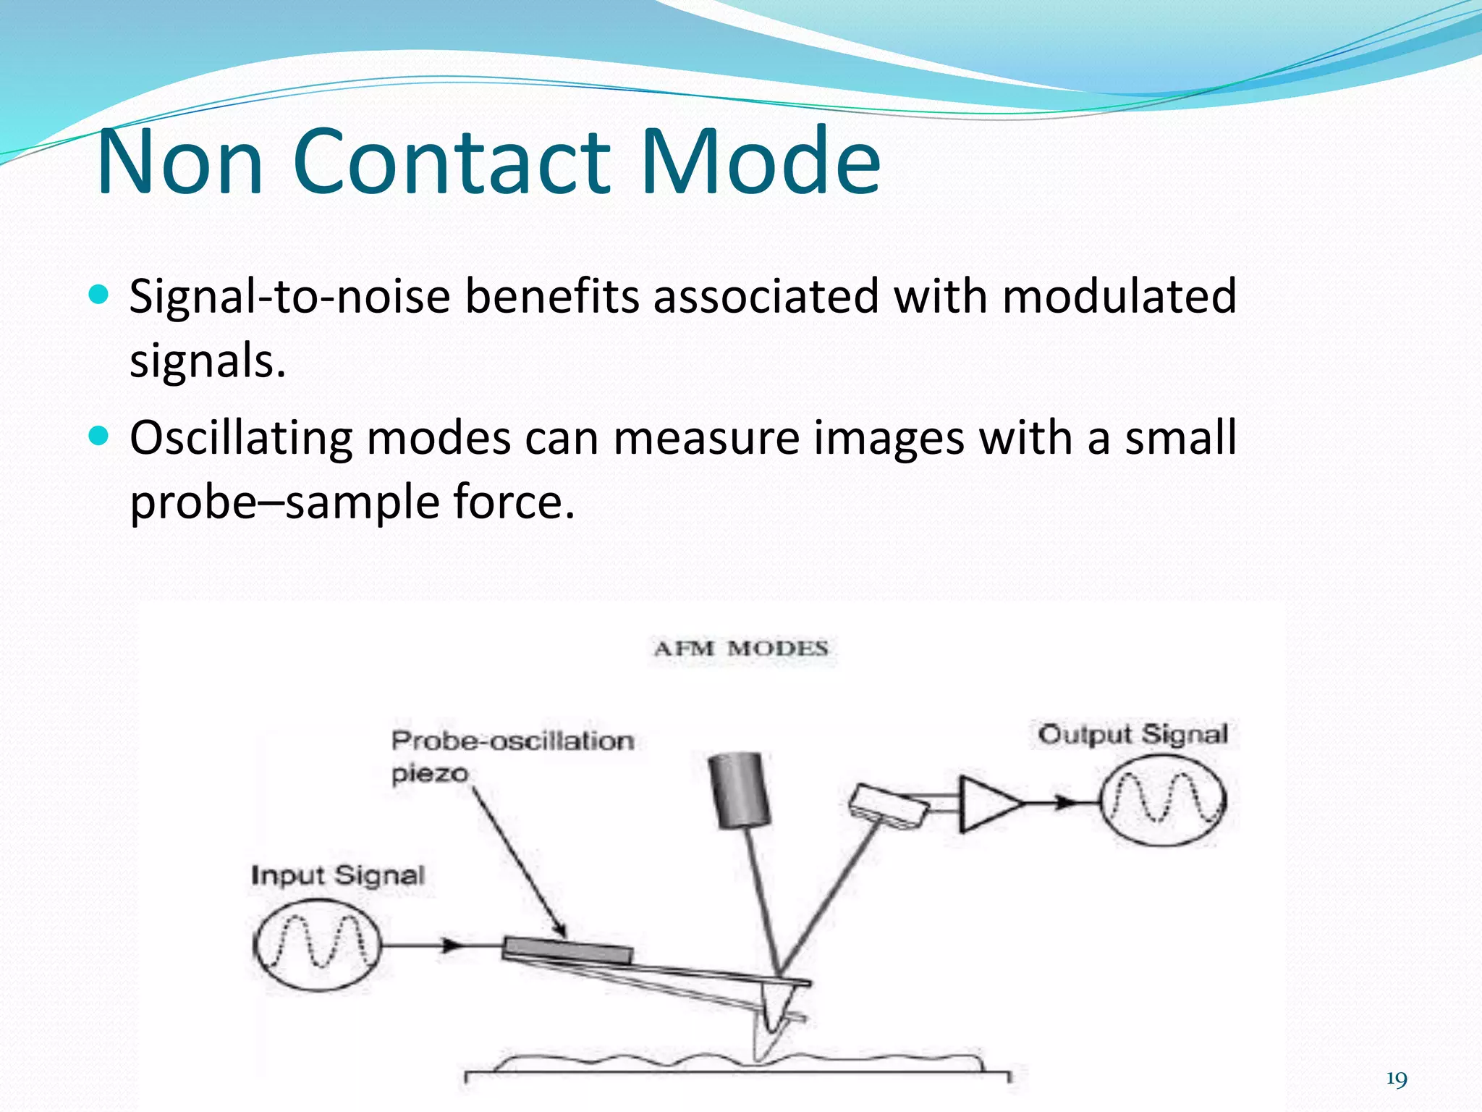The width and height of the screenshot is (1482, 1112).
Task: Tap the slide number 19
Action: pos(1396,1079)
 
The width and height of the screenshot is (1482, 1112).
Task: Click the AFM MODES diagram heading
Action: pos(740,648)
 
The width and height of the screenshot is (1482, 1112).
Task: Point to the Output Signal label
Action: pos(1132,734)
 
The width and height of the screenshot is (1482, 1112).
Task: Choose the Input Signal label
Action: pos(337,875)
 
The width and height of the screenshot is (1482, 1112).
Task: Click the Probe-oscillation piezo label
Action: pos(512,756)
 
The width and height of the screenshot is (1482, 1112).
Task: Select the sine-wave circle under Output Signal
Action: pos(1163,800)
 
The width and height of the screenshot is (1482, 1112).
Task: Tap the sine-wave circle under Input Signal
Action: pos(316,945)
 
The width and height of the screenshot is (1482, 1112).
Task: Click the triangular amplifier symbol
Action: pos(988,804)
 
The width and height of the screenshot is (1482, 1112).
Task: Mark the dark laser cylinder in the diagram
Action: pos(738,789)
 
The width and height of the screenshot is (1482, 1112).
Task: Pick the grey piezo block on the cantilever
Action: pos(568,951)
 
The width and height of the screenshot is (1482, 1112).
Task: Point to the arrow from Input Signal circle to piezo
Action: pos(441,945)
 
